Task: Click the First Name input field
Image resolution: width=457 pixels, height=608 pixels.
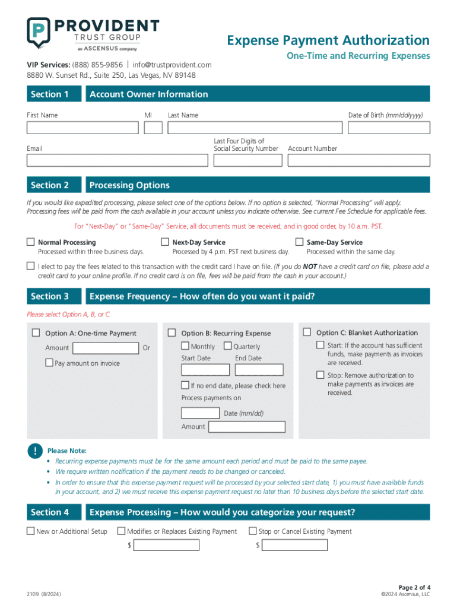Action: (x=82, y=128)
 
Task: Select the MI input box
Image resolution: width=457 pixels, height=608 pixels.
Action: (x=153, y=128)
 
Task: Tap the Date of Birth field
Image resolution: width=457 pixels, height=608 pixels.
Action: (x=389, y=128)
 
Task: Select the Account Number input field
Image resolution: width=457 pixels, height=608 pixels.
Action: (x=358, y=160)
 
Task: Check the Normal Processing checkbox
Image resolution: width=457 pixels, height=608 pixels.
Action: (x=31, y=242)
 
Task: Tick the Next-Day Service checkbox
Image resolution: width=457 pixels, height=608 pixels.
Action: (x=165, y=242)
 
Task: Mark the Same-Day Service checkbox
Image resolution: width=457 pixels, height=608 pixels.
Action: (x=300, y=242)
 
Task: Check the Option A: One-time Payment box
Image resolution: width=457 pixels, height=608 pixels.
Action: (x=37, y=332)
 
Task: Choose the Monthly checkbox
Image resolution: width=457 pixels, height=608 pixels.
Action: (x=186, y=346)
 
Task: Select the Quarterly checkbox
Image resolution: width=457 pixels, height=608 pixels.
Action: (x=228, y=346)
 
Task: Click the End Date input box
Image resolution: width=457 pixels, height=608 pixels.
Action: (x=259, y=369)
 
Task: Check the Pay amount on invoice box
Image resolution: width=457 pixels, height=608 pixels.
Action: (x=49, y=363)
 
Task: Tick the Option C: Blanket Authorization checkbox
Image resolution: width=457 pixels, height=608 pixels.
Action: (x=307, y=332)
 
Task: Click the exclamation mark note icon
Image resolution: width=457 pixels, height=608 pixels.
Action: (x=35, y=451)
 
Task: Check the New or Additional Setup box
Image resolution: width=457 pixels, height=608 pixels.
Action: (x=31, y=531)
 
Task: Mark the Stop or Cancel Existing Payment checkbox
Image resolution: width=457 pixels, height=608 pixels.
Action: (x=253, y=531)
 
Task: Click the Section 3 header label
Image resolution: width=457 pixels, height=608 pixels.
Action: (x=50, y=296)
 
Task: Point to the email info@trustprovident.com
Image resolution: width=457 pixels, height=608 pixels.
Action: (x=172, y=65)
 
